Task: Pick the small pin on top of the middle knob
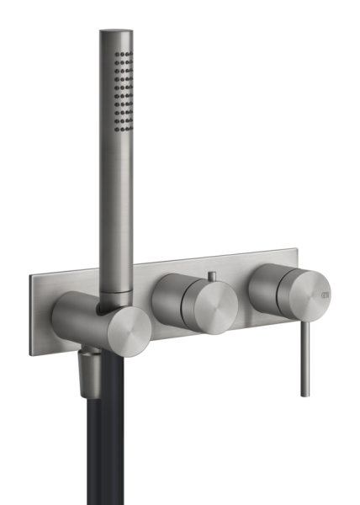click(211, 275)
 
